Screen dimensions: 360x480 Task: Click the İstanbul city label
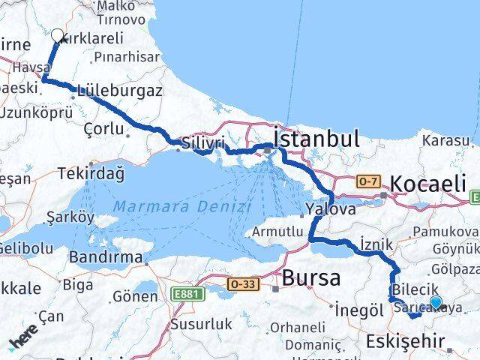click(316, 139)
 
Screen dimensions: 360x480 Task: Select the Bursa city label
click(311, 278)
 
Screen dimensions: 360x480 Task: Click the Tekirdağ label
click(91, 173)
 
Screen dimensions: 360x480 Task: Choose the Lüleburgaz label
click(119, 91)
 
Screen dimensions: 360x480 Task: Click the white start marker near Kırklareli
click(57, 34)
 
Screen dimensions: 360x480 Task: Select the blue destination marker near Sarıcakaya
click(436, 303)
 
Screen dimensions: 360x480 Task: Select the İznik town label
click(376, 244)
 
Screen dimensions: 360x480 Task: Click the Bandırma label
click(106, 257)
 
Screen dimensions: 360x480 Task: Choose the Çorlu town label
click(104, 128)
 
